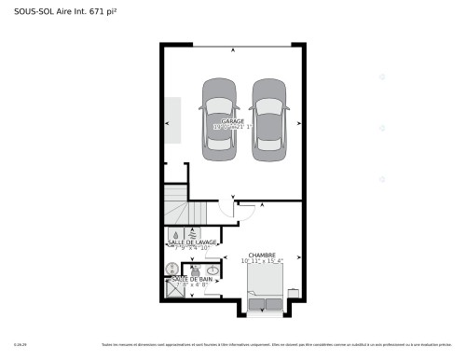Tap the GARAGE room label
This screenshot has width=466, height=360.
[233, 122]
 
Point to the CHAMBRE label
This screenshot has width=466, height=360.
[261, 255]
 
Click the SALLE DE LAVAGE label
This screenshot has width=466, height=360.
[192, 242]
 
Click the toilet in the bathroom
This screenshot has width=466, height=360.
[195, 269]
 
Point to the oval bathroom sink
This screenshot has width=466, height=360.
[213, 270]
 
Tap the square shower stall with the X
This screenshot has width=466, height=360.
[174, 287]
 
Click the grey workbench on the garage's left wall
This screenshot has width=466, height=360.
[173, 120]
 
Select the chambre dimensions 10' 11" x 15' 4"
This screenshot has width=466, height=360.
[262, 261]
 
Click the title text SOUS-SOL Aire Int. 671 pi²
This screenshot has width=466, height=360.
[59, 10]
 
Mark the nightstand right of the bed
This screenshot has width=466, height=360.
[293, 293]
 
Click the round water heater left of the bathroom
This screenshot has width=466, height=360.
[171, 269]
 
